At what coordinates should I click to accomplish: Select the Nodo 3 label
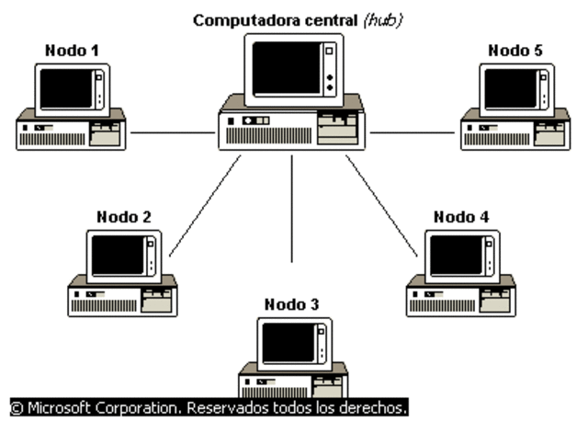click(292, 303)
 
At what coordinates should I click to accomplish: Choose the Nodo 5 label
click(514, 50)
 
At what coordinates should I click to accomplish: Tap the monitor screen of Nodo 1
click(66, 88)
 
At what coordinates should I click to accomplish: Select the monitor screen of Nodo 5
click(510, 88)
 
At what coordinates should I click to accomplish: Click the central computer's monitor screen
click(286, 68)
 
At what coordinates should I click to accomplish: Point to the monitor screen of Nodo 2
click(117, 256)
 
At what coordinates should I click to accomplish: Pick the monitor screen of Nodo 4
click(456, 256)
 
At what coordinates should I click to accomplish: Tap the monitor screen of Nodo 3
click(288, 342)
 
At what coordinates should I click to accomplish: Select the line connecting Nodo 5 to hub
click(413, 132)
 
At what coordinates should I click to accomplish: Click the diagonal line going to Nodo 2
click(205, 206)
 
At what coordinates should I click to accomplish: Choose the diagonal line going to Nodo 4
click(380, 206)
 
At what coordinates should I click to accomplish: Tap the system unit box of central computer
click(292, 129)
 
